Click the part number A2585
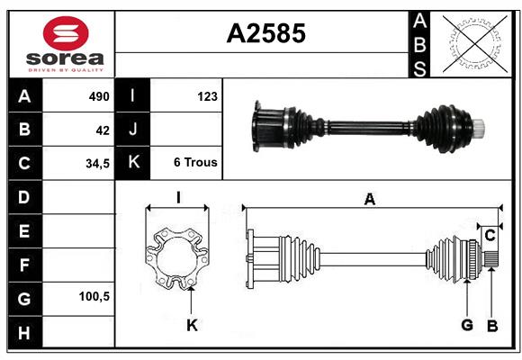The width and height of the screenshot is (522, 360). (265, 33)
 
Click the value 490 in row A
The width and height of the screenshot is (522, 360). (98, 96)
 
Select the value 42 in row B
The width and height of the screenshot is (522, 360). (103, 130)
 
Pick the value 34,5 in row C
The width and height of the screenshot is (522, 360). (97, 163)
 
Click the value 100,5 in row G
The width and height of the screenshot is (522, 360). (94, 296)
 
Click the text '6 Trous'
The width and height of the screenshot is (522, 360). (194, 163)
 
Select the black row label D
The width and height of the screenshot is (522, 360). (24, 196)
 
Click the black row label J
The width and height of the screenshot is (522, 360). (133, 130)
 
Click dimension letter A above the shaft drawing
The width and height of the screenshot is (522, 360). (369, 200)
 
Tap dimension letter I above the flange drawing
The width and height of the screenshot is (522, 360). (178, 197)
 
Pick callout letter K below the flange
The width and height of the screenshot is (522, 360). (192, 325)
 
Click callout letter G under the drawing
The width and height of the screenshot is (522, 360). (467, 325)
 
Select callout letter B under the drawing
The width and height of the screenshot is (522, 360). (491, 325)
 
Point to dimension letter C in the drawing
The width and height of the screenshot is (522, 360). (490, 236)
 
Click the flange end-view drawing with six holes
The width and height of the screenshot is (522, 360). (178, 259)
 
